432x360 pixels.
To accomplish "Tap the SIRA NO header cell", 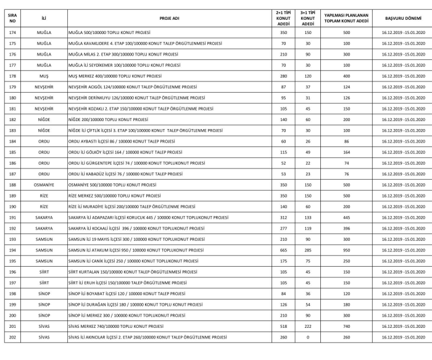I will (x=12, y=16).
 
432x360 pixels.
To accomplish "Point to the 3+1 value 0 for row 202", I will (x=307, y=338).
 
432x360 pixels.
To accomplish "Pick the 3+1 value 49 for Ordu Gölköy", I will (x=307, y=151).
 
